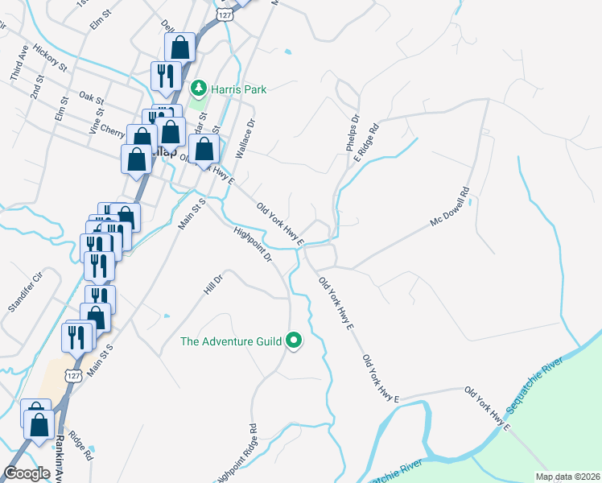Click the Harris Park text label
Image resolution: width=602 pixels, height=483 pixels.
(238, 89)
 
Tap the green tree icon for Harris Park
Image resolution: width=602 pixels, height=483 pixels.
(198, 89)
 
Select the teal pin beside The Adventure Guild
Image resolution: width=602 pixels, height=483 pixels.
(295, 341)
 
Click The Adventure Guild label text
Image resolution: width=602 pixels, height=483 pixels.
(231, 341)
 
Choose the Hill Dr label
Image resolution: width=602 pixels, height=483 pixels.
(212, 283)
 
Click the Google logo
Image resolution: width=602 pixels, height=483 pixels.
(27, 473)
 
